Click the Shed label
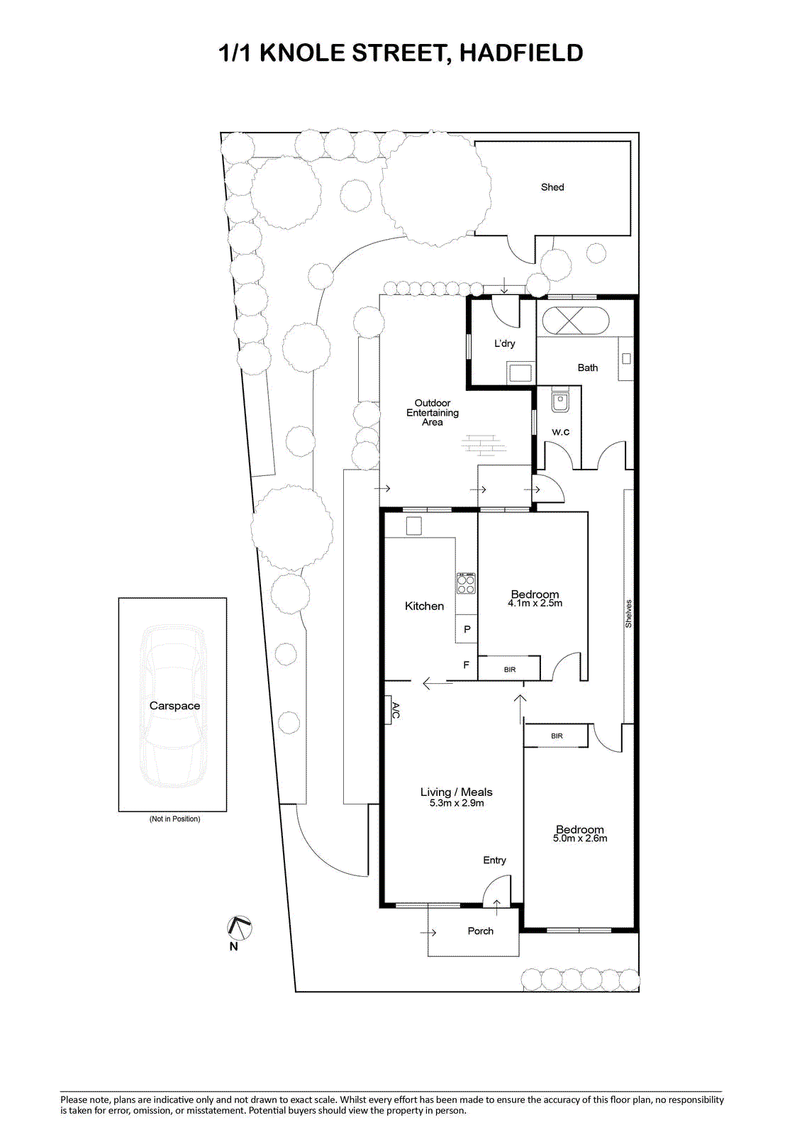tap(552, 187)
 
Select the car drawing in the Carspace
tap(173, 707)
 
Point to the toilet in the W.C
tap(559, 399)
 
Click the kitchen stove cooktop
tap(466, 583)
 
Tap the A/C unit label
tap(396, 710)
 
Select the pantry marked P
tap(467, 629)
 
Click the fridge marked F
tap(466, 665)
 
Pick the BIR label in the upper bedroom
tap(510, 670)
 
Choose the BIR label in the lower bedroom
tap(557, 736)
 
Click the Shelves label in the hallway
tap(629, 614)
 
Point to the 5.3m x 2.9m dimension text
tap(457, 803)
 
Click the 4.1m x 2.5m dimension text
tap(535, 603)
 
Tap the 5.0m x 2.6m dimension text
tap(580, 838)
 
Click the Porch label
tap(480, 931)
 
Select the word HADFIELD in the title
tap(521, 52)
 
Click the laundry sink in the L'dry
tap(520, 373)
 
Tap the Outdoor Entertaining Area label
tap(433, 412)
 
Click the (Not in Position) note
tap(174, 819)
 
